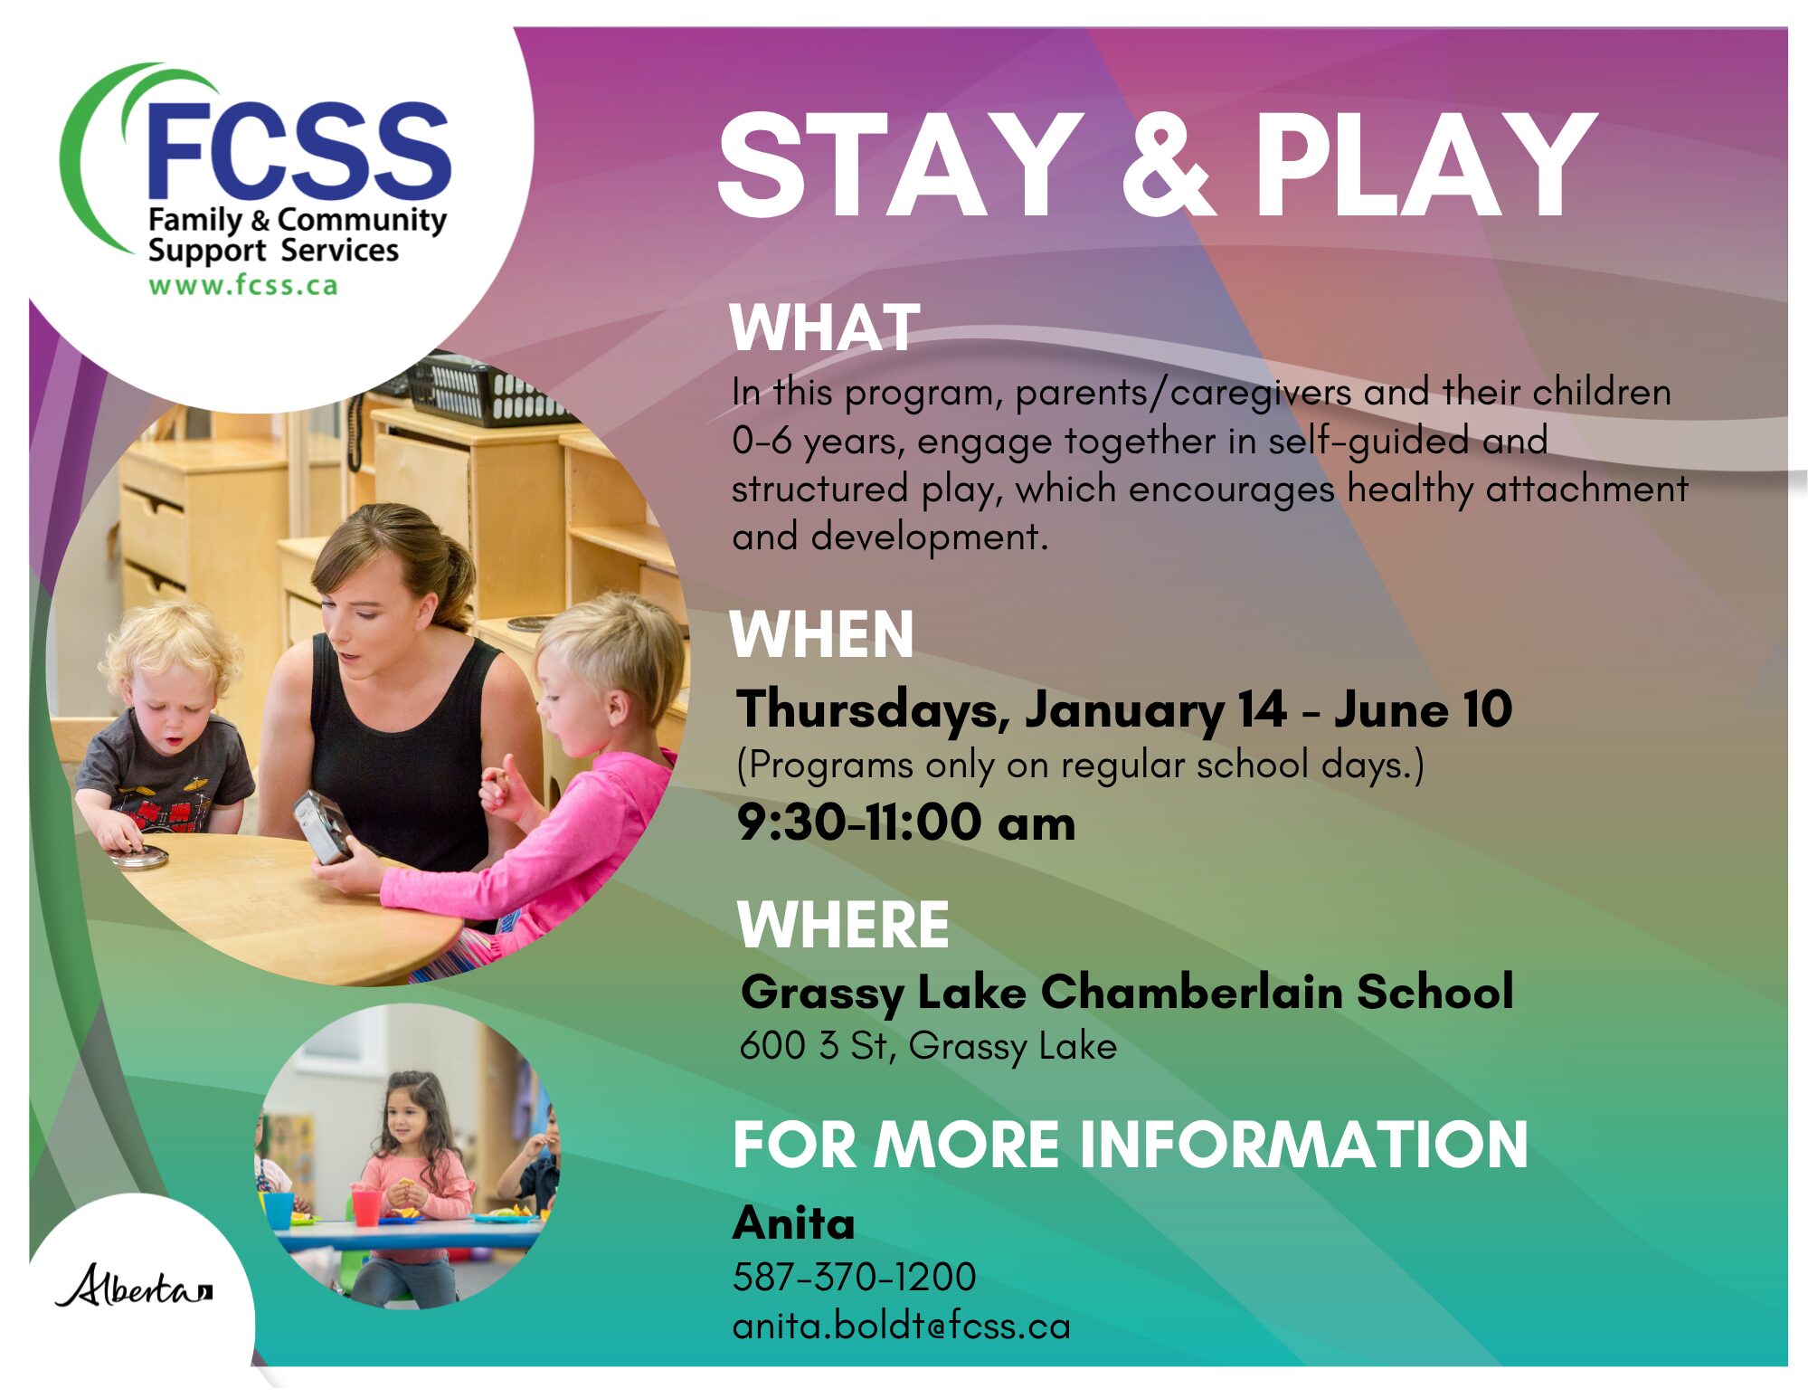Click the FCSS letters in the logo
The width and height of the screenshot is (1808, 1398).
click(x=298, y=150)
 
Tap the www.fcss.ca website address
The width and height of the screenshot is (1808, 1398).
click(x=243, y=285)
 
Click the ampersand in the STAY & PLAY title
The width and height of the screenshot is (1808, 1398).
click(x=1167, y=166)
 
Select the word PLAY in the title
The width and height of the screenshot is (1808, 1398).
click(x=1425, y=166)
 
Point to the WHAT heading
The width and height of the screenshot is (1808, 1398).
click(x=825, y=328)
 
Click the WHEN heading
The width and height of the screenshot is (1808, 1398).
click(x=821, y=634)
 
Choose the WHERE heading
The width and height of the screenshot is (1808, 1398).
click(x=843, y=925)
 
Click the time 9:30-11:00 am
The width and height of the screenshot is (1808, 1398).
click(x=906, y=823)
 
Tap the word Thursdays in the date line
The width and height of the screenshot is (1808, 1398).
click(x=874, y=710)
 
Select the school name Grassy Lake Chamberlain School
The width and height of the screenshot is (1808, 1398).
click(x=1127, y=993)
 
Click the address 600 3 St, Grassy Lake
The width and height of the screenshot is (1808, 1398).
click(x=928, y=1046)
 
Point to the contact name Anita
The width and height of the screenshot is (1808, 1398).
click(x=793, y=1223)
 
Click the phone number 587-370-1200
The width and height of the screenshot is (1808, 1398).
click(x=854, y=1277)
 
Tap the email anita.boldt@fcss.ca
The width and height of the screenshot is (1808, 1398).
click(x=901, y=1326)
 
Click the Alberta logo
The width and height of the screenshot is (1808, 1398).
click(x=134, y=1285)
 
